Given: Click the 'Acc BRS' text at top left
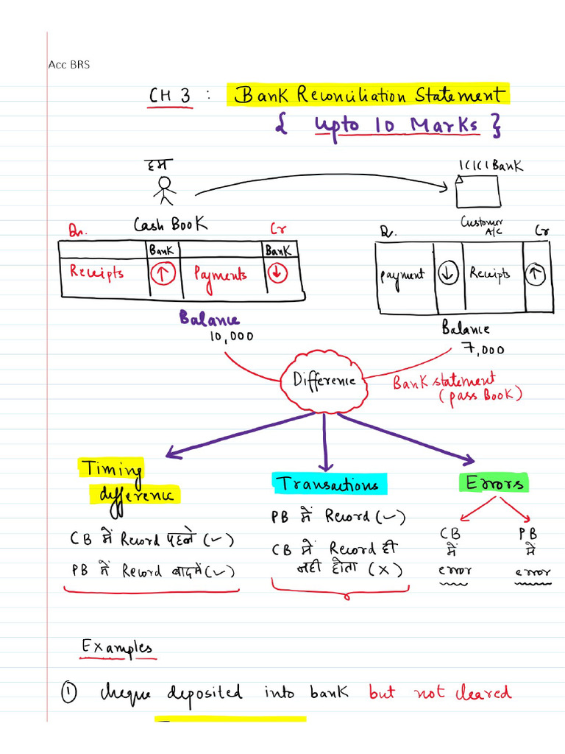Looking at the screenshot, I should [68, 65].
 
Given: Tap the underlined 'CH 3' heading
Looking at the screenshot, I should [170, 97].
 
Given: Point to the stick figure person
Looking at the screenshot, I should [164, 189].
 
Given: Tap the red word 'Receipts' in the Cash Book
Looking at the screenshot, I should [96, 272].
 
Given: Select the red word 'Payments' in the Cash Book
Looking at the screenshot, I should [221, 275].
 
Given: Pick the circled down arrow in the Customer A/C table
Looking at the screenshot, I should [447, 274].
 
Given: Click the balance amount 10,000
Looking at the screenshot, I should [231, 337].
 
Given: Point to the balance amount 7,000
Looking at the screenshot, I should [483, 349].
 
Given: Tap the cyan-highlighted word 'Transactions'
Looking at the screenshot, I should [328, 484].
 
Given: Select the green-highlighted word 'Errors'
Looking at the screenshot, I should [493, 483].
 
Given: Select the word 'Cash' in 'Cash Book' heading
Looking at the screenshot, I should [149, 225].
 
